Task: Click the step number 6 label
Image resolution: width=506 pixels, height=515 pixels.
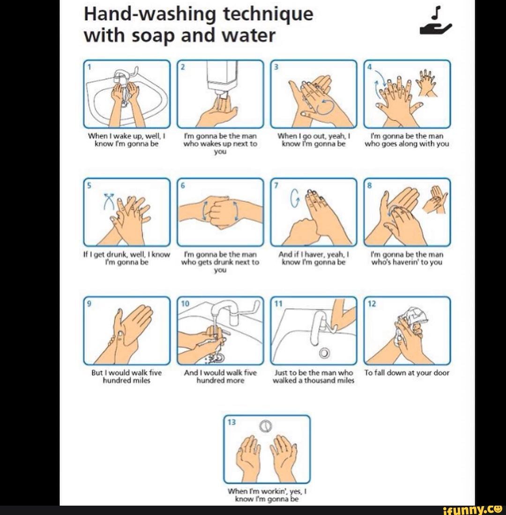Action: pyautogui.click(x=184, y=185)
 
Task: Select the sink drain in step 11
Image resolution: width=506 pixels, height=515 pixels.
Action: pyautogui.click(x=323, y=352)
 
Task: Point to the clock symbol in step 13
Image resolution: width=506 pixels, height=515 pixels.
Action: pyautogui.click(x=266, y=426)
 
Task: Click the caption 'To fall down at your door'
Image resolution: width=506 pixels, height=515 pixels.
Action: pyautogui.click(x=407, y=373)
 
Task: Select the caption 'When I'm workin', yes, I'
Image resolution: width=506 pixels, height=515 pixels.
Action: pyautogui.click(x=267, y=492)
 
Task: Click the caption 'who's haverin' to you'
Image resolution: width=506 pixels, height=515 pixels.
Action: pyautogui.click(x=407, y=262)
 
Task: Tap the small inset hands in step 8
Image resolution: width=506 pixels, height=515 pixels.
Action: pyautogui.click(x=434, y=199)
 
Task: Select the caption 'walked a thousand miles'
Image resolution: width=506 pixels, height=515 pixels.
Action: pyautogui.click(x=313, y=381)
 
